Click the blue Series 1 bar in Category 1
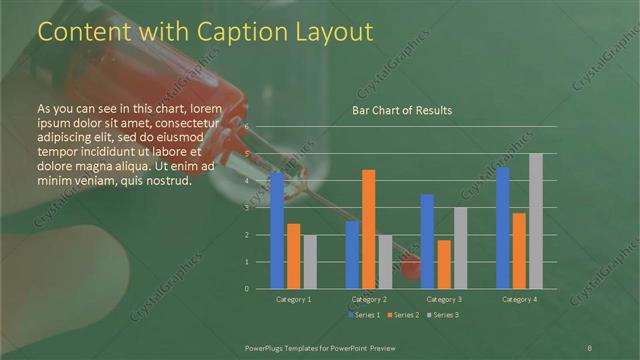click(277, 231)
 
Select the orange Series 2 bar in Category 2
click(369, 229)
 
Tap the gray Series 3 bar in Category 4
click(535, 221)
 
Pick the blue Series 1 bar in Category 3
click(427, 241)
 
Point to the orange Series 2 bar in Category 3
click(444, 264)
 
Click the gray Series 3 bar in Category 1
click(310, 262)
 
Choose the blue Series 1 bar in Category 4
click(502, 228)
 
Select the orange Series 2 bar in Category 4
click(519, 251)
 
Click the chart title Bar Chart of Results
click(402, 110)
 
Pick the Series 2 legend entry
click(402, 315)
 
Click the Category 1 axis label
click(294, 299)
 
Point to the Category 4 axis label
click(519, 299)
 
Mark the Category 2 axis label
click(369, 299)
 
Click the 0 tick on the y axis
click(247, 289)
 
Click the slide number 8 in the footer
click(589, 346)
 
